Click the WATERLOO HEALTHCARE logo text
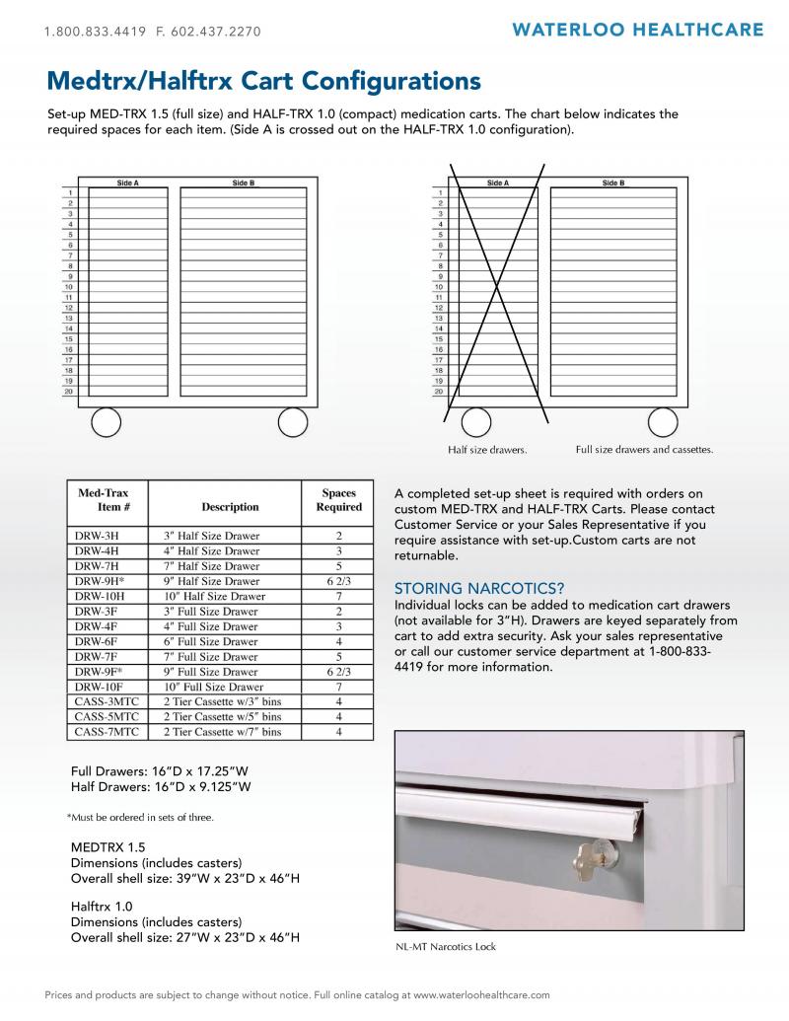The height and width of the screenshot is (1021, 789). click(637, 30)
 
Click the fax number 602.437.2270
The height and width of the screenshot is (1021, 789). click(215, 32)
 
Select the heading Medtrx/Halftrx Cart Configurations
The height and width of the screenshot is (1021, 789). click(263, 81)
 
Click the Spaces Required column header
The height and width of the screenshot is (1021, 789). click(338, 499)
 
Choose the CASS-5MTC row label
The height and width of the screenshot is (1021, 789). click(107, 716)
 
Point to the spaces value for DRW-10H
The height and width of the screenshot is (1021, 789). click(338, 596)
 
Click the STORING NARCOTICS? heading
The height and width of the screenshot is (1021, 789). click(479, 588)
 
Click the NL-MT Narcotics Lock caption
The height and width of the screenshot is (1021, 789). click(445, 946)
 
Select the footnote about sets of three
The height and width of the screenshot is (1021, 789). click(140, 817)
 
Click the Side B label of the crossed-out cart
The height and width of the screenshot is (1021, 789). click(613, 182)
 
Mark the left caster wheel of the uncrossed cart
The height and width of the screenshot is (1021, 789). click(107, 422)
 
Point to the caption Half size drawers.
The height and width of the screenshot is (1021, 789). click(487, 449)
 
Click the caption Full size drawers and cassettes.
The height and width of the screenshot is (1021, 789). click(644, 449)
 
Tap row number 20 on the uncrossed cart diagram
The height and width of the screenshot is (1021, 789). click(68, 391)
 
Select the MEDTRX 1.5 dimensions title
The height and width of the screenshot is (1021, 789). click(108, 847)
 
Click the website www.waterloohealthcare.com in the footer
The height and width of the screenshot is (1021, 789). click(481, 995)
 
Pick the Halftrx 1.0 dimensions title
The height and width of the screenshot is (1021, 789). click(102, 907)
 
